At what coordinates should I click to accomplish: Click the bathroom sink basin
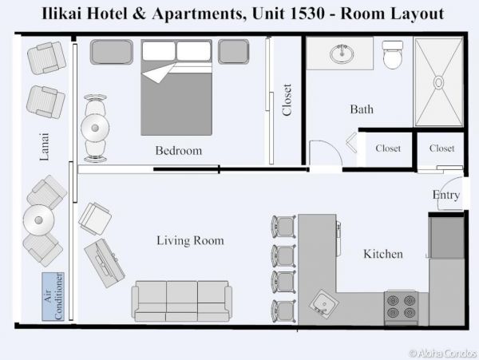pyautogui.click(x=342, y=54)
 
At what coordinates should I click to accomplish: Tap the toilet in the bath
pyautogui.click(x=393, y=54)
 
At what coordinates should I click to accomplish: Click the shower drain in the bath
pyautogui.click(x=438, y=82)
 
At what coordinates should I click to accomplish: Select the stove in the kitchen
pyautogui.click(x=401, y=308)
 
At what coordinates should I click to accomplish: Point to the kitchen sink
pyautogui.click(x=324, y=304)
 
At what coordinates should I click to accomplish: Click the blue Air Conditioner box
pyautogui.click(x=53, y=296)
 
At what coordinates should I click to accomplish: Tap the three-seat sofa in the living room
pyautogui.click(x=182, y=301)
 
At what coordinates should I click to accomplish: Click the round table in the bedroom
pyautogui.click(x=95, y=128)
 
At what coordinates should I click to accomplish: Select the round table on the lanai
pyautogui.click(x=39, y=220)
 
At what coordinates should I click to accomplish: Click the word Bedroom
pyautogui.click(x=178, y=151)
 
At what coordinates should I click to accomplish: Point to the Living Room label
pyautogui.click(x=190, y=240)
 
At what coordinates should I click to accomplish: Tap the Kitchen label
pyautogui.click(x=382, y=254)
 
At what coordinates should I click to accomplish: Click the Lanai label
pyautogui.click(x=44, y=147)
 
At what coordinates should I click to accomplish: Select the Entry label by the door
pyautogui.click(x=446, y=195)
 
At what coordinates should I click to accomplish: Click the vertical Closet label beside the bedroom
pyautogui.click(x=287, y=100)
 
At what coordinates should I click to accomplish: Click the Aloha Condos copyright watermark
pyautogui.click(x=443, y=354)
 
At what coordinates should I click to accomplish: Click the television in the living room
pyautogui.click(x=105, y=263)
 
